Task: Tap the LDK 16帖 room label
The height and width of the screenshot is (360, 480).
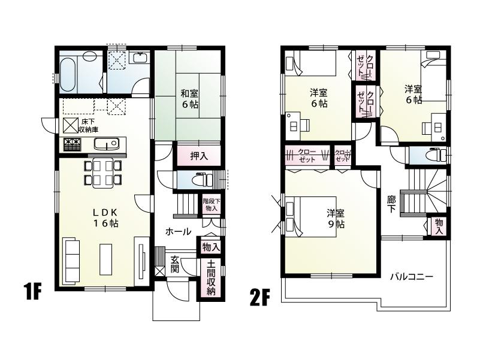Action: [106, 217]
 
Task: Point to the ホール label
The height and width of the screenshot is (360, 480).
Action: [178, 231]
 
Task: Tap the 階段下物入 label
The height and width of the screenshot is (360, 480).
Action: [210, 205]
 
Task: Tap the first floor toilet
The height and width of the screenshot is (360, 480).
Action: [200, 179]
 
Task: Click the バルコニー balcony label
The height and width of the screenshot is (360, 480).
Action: [412, 277]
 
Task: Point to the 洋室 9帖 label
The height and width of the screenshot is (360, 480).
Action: [335, 218]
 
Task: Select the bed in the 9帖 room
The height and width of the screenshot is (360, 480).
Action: [306, 217]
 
